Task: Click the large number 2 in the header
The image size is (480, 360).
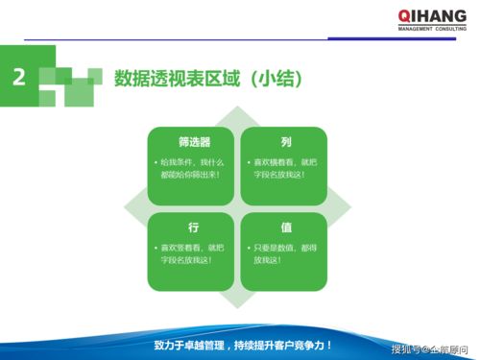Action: (19, 78)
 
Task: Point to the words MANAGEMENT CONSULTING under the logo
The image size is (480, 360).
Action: (432, 29)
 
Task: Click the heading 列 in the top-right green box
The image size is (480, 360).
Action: (286, 141)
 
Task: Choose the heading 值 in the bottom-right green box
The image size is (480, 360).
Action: (286, 228)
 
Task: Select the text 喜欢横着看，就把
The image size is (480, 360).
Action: (288, 162)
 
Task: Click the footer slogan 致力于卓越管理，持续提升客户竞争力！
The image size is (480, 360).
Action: (244, 344)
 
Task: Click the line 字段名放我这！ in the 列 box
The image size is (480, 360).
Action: (279, 175)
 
